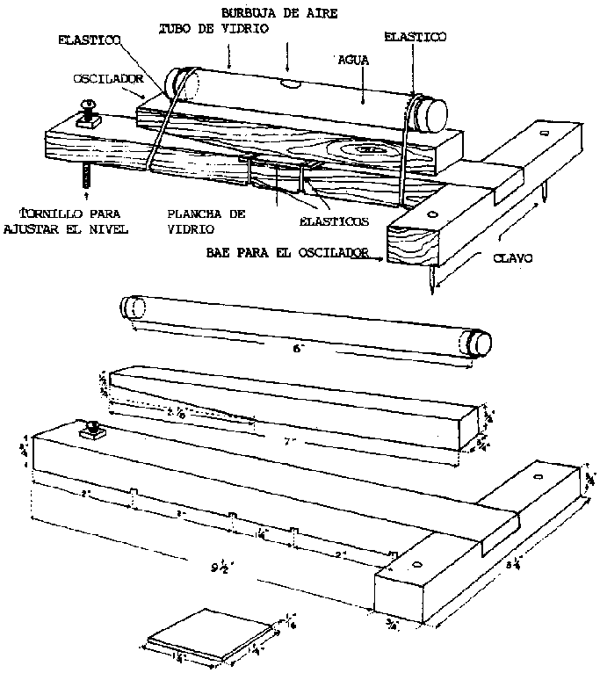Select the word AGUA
(x=356, y=62)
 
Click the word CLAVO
(x=511, y=260)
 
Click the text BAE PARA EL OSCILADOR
(x=286, y=253)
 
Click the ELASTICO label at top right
(x=416, y=37)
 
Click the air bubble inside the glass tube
(x=291, y=86)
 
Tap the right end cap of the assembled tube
(x=430, y=112)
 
